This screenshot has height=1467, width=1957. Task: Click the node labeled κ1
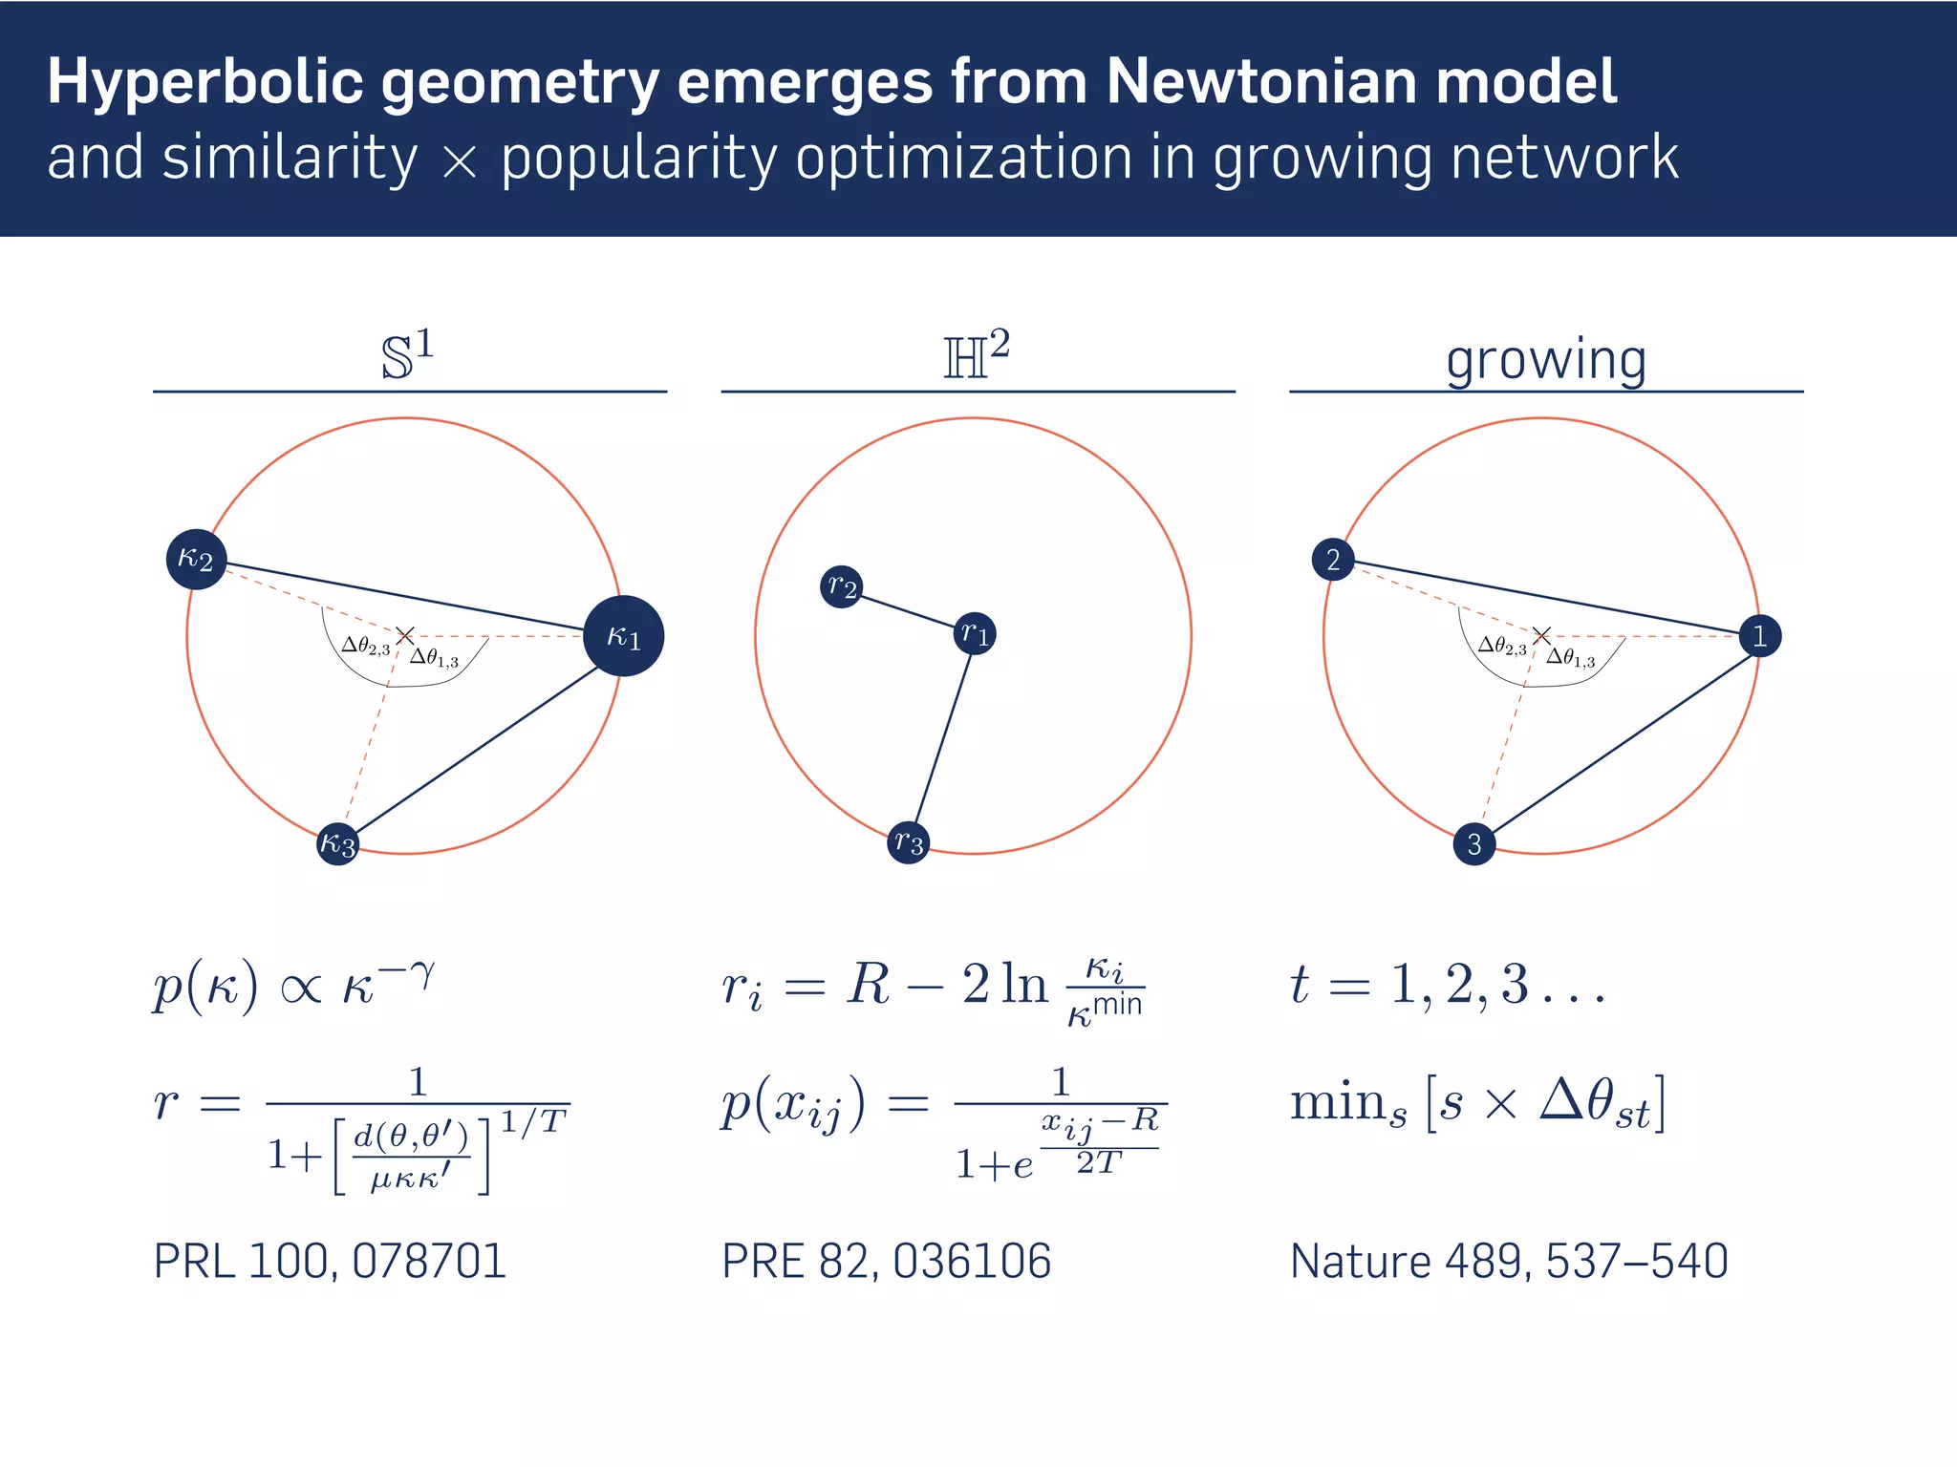[623, 636]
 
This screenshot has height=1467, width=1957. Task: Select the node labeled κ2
[196, 559]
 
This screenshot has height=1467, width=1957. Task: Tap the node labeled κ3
[337, 843]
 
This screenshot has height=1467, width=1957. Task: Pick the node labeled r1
[975, 633]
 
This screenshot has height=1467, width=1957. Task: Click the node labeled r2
[842, 586]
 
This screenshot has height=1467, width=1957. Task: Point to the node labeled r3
[908, 842]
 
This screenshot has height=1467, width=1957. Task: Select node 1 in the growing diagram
[1759, 636]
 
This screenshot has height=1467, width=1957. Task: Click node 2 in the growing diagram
[1333, 560]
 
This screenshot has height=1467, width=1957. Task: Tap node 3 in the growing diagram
[1473, 844]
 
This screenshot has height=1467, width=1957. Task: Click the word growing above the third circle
[1545, 361]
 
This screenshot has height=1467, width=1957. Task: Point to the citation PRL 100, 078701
[330, 1261]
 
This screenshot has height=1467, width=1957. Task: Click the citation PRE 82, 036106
[886, 1261]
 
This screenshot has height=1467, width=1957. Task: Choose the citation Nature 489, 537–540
[1509, 1261]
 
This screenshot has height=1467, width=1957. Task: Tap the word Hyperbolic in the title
[205, 83]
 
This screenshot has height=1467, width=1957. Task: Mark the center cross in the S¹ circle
[405, 635]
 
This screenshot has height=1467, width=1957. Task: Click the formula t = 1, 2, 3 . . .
[1448, 985]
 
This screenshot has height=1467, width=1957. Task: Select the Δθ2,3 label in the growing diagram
[1502, 648]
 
